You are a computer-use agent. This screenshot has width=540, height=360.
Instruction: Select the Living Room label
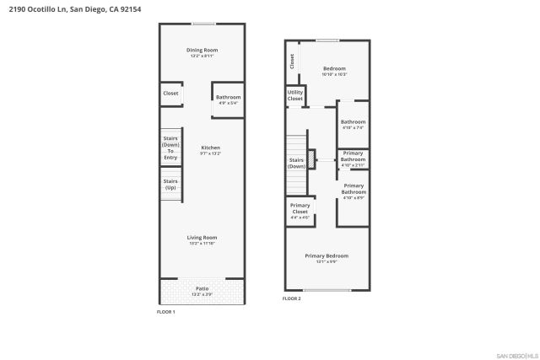click(202, 239)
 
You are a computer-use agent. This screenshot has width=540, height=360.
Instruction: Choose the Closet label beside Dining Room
click(170, 94)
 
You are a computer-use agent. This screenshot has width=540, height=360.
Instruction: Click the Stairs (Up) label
click(170, 184)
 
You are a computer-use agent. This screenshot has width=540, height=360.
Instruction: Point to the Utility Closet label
click(294, 95)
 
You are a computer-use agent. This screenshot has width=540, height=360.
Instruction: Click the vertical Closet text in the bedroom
click(292, 62)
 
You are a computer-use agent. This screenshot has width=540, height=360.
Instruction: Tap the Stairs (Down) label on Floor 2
click(296, 163)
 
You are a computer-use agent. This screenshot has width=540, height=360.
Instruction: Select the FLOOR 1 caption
click(166, 312)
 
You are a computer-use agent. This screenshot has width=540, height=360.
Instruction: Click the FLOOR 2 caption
click(291, 298)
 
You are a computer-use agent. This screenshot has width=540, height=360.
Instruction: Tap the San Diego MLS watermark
click(515, 354)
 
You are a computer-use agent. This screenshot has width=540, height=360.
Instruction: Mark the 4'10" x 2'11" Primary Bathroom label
click(353, 159)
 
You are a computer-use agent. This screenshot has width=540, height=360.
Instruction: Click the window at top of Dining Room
click(202, 24)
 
